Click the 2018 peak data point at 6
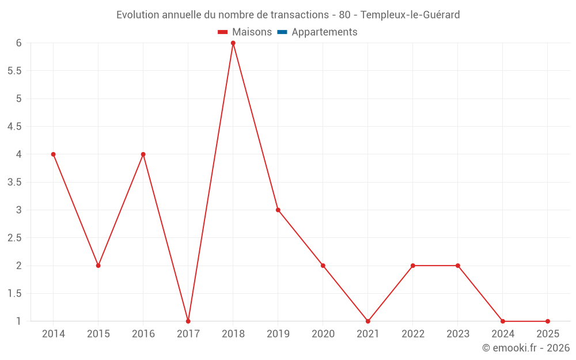[233, 43]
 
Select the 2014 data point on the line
[54, 154]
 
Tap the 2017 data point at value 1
[188, 321]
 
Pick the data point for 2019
[278, 210]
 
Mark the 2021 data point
[368, 321]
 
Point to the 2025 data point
[548, 321]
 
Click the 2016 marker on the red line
[143, 154]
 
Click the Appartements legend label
[324, 32]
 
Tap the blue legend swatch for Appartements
[282, 32]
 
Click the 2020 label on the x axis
[323, 334]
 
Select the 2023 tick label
[458, 334]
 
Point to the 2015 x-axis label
[98, 334]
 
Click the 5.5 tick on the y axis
[14, 71]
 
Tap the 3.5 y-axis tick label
[14, 183]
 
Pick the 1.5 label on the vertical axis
[14, 294]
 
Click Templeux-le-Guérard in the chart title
[410, 15]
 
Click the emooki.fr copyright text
[526, 348]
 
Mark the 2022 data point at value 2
[413, 266]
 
